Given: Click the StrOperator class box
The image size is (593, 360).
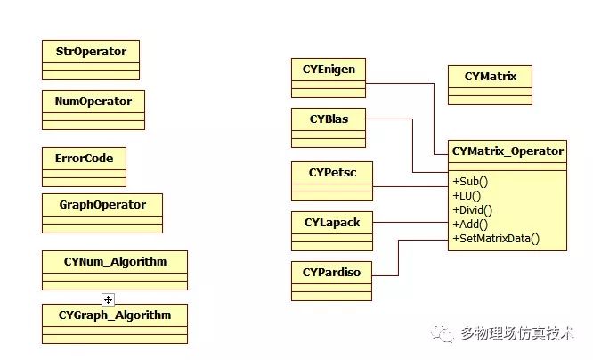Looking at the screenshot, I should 91,59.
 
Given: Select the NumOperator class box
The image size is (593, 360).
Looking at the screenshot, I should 93,109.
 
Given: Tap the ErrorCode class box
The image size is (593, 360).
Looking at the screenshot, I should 84,167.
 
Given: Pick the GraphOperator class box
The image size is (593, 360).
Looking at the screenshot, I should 102,212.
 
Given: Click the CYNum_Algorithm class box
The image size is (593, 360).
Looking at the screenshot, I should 115,269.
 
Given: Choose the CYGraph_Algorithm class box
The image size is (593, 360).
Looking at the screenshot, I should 115,323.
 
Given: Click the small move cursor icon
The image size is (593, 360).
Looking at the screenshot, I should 108,299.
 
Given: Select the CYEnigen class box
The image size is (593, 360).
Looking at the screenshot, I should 329,77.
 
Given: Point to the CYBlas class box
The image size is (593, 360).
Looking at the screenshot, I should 328,127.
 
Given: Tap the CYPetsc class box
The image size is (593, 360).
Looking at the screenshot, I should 331,180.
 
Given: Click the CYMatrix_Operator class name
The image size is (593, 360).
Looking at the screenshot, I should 508,151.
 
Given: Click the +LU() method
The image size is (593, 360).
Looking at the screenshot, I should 468,195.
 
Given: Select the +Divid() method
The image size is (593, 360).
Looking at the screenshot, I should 473,209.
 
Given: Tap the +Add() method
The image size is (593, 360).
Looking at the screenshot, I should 471,224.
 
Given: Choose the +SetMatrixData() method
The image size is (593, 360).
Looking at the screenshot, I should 496,238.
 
